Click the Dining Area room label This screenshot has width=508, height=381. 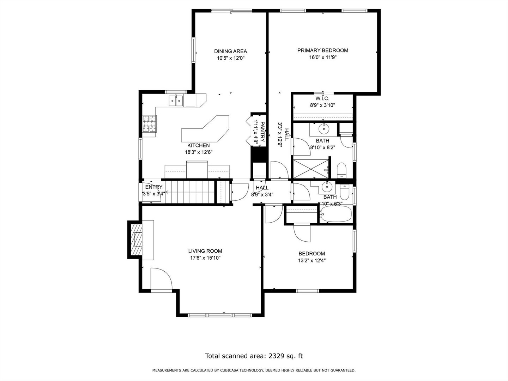click(x=230, y=51)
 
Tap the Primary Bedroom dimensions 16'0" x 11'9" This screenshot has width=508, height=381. click(x=322, y=58)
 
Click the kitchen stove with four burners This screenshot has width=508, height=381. click(x=149, y=124)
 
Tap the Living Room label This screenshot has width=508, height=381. click(x=205, y=251)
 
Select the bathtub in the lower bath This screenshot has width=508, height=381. click(x=336, y=214)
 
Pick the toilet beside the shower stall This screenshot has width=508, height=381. click(x=342, y=171)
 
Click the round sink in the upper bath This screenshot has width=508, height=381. click(x=323, y=127)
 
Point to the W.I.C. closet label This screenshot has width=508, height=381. click(x=322, y=98)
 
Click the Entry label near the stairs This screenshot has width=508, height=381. click(x=154, y=187)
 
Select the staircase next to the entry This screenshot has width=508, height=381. click(x=190, y=192)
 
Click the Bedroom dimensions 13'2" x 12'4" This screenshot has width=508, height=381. click(x=312, y=261)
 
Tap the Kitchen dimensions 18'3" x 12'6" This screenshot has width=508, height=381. click(x=199, y=152)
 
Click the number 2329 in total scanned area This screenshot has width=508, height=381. click(x=278, y=356)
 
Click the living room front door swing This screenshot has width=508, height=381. click(x=161, y=279)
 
